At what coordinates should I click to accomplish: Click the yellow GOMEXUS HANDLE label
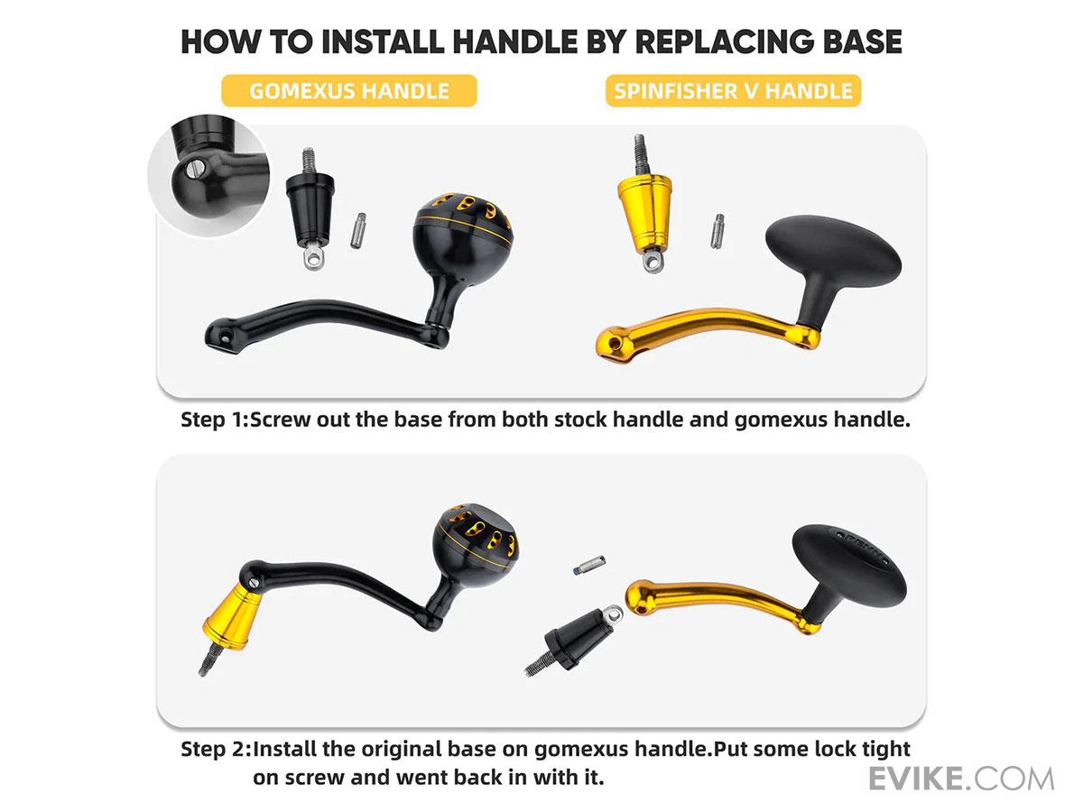[349, 91]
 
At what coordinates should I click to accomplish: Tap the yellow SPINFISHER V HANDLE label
[733, 91]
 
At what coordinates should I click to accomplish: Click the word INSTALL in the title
[383, 42]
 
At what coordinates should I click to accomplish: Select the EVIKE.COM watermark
[960, 779]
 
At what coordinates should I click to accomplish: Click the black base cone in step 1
[310, 208]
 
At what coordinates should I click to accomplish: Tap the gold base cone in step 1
[645, 202]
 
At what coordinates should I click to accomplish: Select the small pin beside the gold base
[717, 231]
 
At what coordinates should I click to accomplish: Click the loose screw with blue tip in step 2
[589, 565]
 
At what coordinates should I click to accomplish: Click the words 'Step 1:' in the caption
[215, 420]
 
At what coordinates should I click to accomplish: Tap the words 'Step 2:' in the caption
[216, 749]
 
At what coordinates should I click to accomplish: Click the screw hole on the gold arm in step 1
[614, 343]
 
